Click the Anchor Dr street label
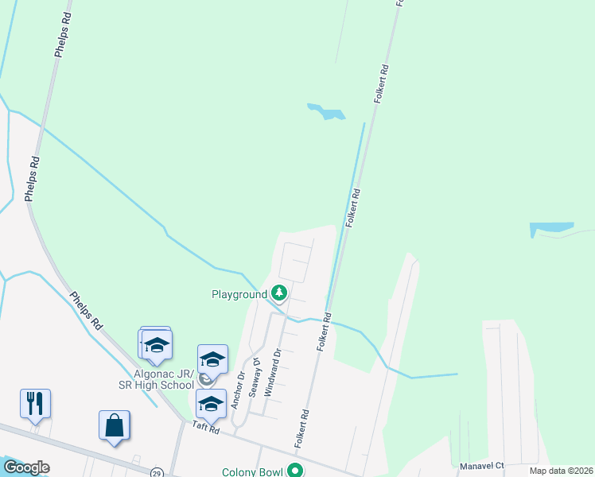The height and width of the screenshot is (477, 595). tap(236, 390)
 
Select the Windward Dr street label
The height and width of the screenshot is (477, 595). tap(272, 373)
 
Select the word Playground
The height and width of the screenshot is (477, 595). tap(239, 294)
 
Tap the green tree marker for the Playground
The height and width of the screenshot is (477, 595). tap(279, 293)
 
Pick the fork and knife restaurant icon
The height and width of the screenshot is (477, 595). tap(36, 403)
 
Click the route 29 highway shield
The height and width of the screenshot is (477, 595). tap(157, 471)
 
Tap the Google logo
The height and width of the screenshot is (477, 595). tap(26, 467)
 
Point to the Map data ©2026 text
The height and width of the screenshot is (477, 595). tap(560, 471)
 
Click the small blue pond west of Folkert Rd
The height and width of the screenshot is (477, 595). tap(326, 112)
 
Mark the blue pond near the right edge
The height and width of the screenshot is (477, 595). tap(550, 230)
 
